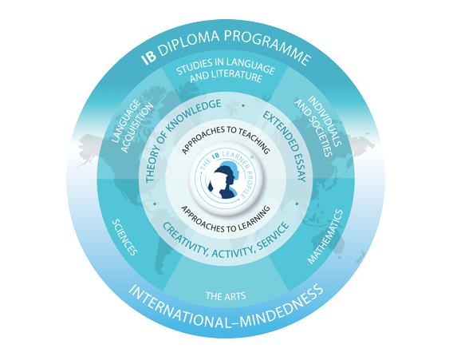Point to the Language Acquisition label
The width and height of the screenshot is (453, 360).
click(x=132, y=126)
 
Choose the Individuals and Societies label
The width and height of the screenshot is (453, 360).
click(x=317, y=126)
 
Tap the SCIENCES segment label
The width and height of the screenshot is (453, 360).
click(x=124, y=237)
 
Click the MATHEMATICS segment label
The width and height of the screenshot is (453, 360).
click(x=325, y=236)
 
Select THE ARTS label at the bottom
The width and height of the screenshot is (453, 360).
click(x=226, y=296)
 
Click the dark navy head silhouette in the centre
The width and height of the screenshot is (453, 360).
click(x=223, y=181)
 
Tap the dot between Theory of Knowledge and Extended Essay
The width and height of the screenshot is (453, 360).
click(x=243, y=106)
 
